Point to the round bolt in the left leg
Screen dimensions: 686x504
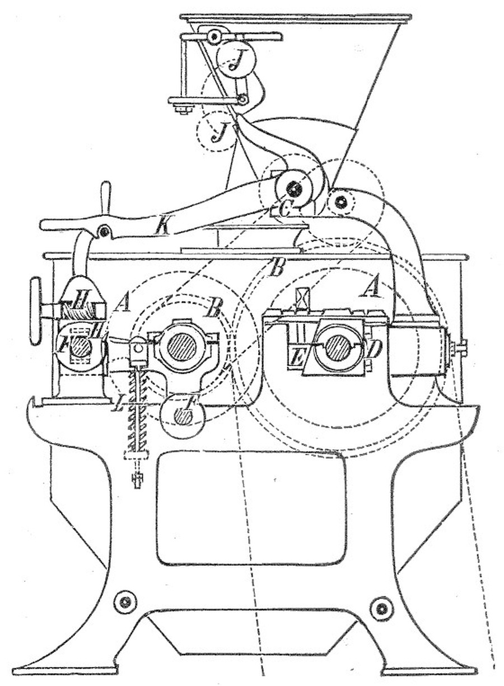(x=125, y=603)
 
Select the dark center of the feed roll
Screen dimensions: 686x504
(x=294, y=189)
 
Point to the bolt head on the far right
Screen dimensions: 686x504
(x=460, y=348)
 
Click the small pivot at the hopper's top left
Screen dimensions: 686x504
(x=213, y=37)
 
